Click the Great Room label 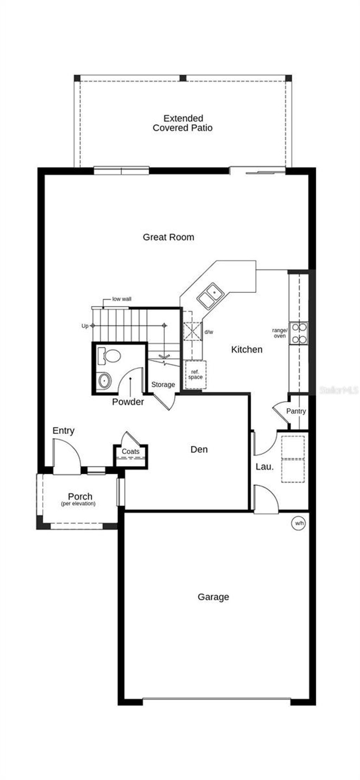tap(168, 237)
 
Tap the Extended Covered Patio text tap(183, 123)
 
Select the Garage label tap(213, 597)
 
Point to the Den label tap(199, 449)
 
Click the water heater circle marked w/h tap(299, 523)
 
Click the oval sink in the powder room tap(104, 381)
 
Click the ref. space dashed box tap(195, 375)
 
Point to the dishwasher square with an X tap(193, 331)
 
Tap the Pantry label tap(296, 411)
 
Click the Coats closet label tap(131, 451)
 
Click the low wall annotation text tap(122, 299)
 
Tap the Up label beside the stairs tap(85, 326)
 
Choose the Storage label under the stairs tap(163, 385)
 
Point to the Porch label tap(80, 497)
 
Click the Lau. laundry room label tap(264, 467)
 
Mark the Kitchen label tap(247, 350)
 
